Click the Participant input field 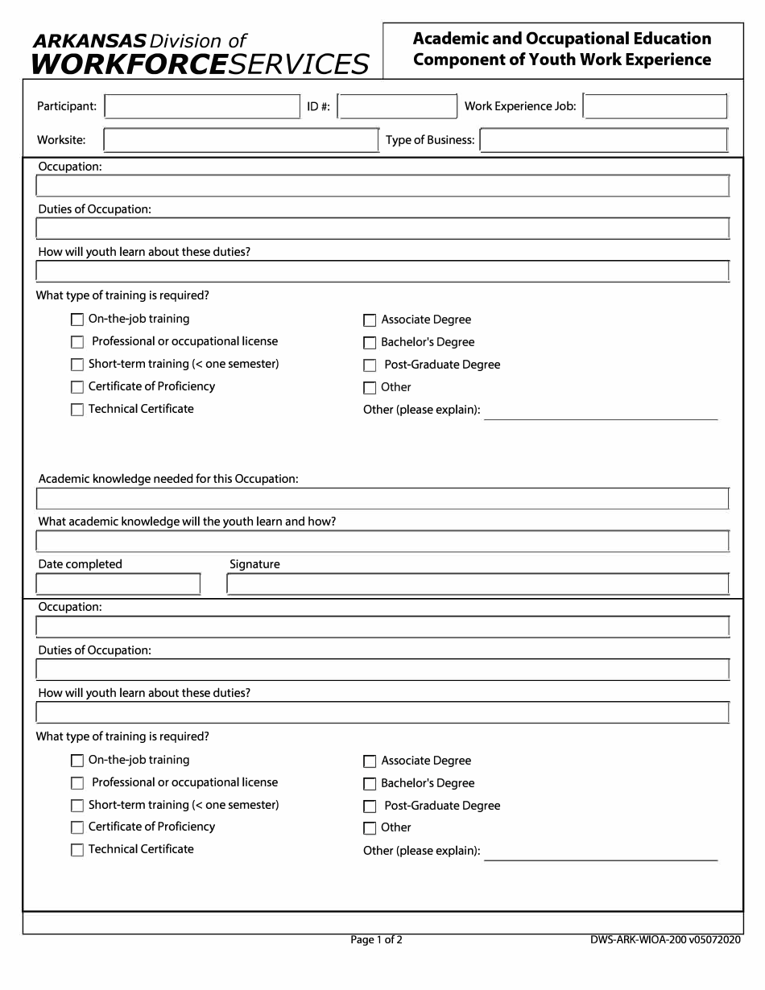coord(202,107)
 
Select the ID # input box coord(397,107)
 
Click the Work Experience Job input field coord(655,106)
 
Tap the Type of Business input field coord(604,141)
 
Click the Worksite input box coord(241,141)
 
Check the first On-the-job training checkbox coord(77,320)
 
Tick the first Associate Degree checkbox coord(370,320)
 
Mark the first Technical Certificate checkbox coord(77,410)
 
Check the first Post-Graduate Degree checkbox coord(370,365)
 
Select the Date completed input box coord(118,584)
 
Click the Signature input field coord(478,584)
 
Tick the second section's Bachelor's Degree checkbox coord(370,784)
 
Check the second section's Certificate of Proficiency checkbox coord(77,827)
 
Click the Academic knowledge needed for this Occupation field coord(382,499)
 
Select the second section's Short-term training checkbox coord(77,806)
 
